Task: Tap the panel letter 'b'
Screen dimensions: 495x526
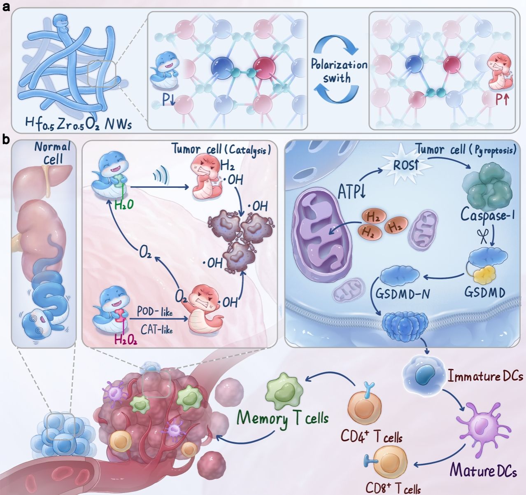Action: pyautogui.click(x=6, y=140)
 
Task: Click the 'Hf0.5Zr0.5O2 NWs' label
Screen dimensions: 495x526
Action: pyautogui.click(x=78, y=123)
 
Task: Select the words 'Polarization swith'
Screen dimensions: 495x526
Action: pyautogui.click(x=338, y=71)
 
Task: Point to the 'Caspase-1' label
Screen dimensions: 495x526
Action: pyautogui.click(x=488, y=215)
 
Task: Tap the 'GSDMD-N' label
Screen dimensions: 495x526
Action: pyautogui.click(x=403, y=294)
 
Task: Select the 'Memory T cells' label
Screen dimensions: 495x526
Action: pyautogui.click(x=283, y=418)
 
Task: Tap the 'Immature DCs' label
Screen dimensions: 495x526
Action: pyautogui.click(x=485, y=376)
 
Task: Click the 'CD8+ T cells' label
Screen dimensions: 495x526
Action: pyautogui.click(x=393, y=488)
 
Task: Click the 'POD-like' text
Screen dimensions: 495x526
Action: pyautogui.click(x=155, y=312)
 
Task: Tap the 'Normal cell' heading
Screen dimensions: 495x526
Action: pyautogui.click(x=53, y=152)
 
